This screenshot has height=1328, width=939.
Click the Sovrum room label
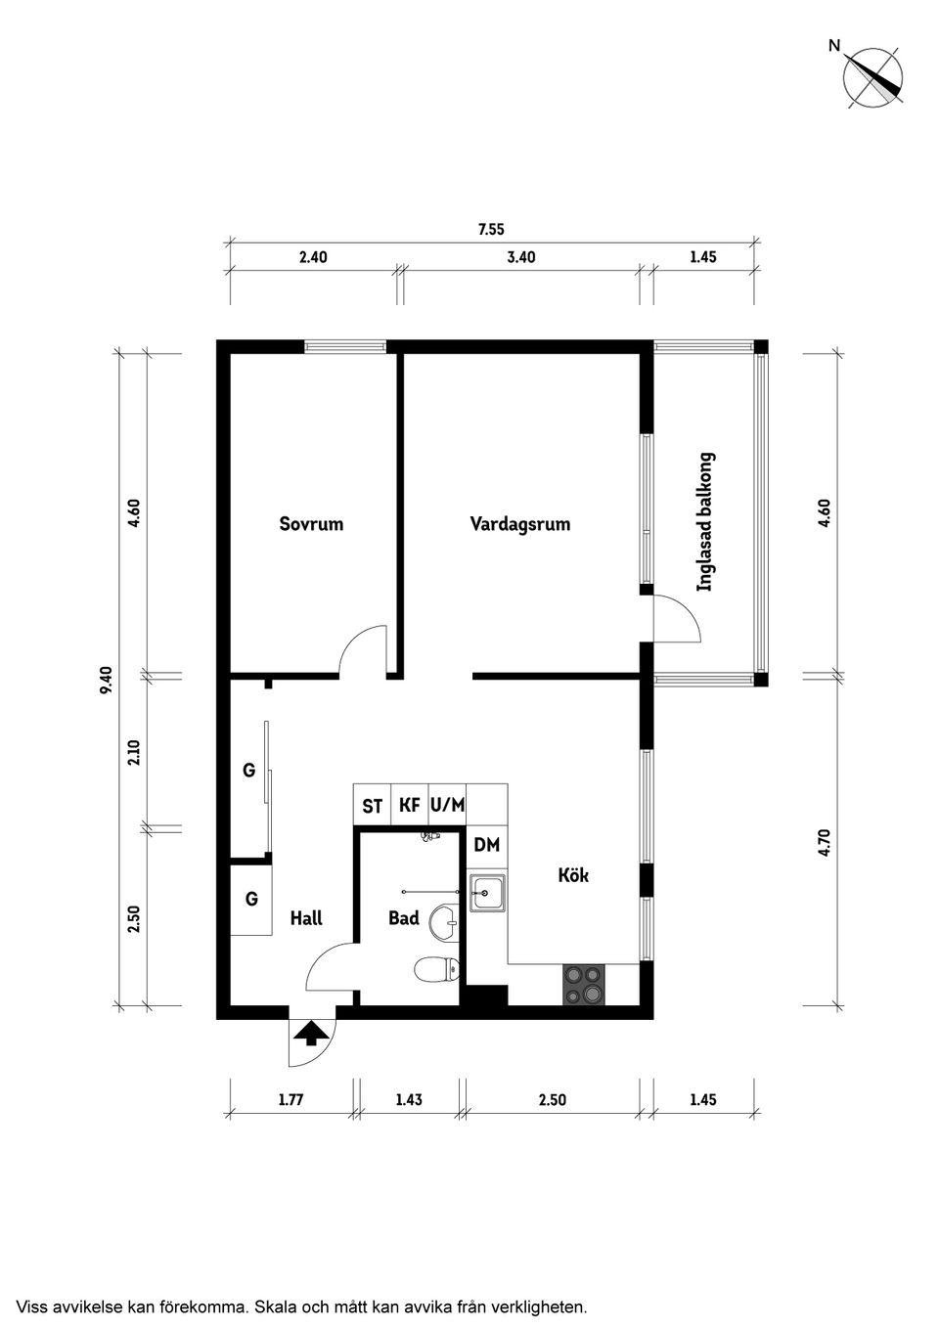(311, 524)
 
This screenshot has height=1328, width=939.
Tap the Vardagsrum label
(520, 525)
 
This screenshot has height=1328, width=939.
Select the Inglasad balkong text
(705, 522)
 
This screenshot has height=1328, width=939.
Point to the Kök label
(573, 875)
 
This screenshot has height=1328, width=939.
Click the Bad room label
(404, 918)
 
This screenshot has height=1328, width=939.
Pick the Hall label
(306, 918)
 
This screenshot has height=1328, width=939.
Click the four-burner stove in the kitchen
(583, 985)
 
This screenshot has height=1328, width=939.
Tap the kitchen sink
(488, 893)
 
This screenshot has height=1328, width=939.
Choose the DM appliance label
(487, 845)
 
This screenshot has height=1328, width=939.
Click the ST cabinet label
(373, 806)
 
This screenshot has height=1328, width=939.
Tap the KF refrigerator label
(410, 805)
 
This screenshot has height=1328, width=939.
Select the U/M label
(448, 805)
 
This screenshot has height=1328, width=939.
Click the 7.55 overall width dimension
(491, 230)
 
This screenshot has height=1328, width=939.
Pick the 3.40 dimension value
(521, 257)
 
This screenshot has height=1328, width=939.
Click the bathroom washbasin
(446, 922)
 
